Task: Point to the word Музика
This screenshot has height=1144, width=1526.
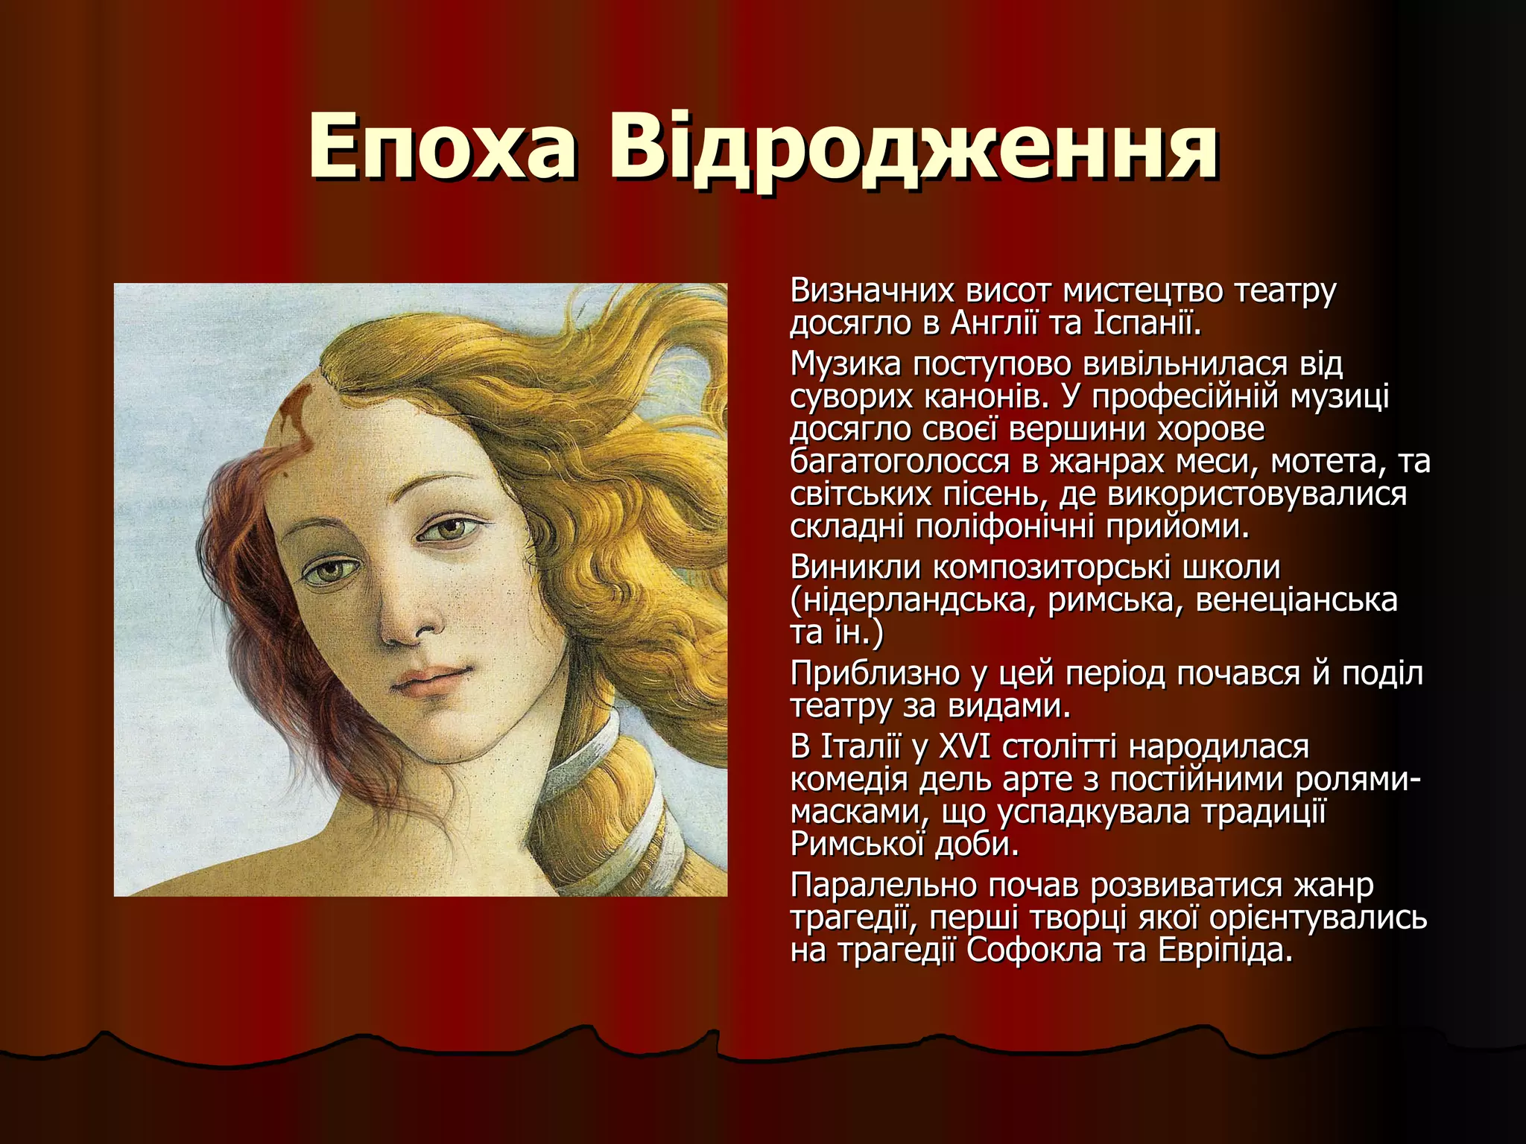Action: pyautogui.click(x=845, y=364)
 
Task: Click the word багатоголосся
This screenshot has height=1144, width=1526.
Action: pyautogui.click(x=898, y=462)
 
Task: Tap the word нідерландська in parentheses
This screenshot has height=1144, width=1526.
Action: pyautogui.click(x=913, y=600)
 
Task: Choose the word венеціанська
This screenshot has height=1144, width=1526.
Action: pyautogui.click(x=1297, y=600)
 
